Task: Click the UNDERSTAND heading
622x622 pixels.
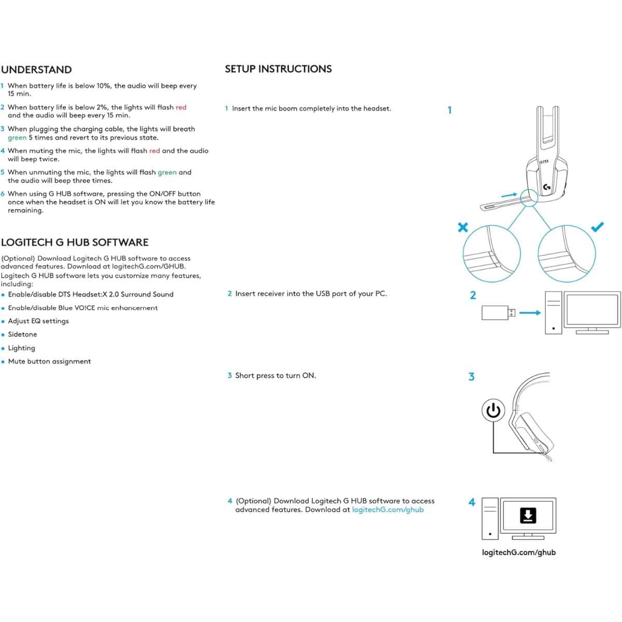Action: pos(36,70)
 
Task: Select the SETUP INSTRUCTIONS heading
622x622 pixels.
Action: pos(278,69)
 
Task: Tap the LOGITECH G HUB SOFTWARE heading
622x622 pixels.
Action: pos(75,243)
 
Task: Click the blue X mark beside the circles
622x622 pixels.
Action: pos(463,227)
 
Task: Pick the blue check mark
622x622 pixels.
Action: pos(598,227)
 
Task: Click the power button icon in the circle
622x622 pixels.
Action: pos(493,411)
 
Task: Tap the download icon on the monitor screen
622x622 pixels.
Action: pos(528,516)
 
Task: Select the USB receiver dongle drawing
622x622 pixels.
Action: pos(498,313)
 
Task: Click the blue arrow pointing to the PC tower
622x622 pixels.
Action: pos(530,313)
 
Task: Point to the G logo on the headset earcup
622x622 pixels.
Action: pos(547,187)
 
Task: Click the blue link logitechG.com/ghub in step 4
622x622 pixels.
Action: pos(388,510)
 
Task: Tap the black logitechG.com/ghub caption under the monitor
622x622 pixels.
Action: pos(518,553)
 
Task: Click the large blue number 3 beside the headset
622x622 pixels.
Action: pos(471,377)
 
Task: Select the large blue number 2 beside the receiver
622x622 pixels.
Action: pos(473,295)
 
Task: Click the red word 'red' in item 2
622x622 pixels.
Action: pos(181,107)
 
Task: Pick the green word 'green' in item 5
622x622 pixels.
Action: pos(167,172)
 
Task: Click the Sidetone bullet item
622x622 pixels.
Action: pos(22,334)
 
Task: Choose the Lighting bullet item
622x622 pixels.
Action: pos(21,348)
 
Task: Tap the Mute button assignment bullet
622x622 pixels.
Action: pos(49,362)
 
